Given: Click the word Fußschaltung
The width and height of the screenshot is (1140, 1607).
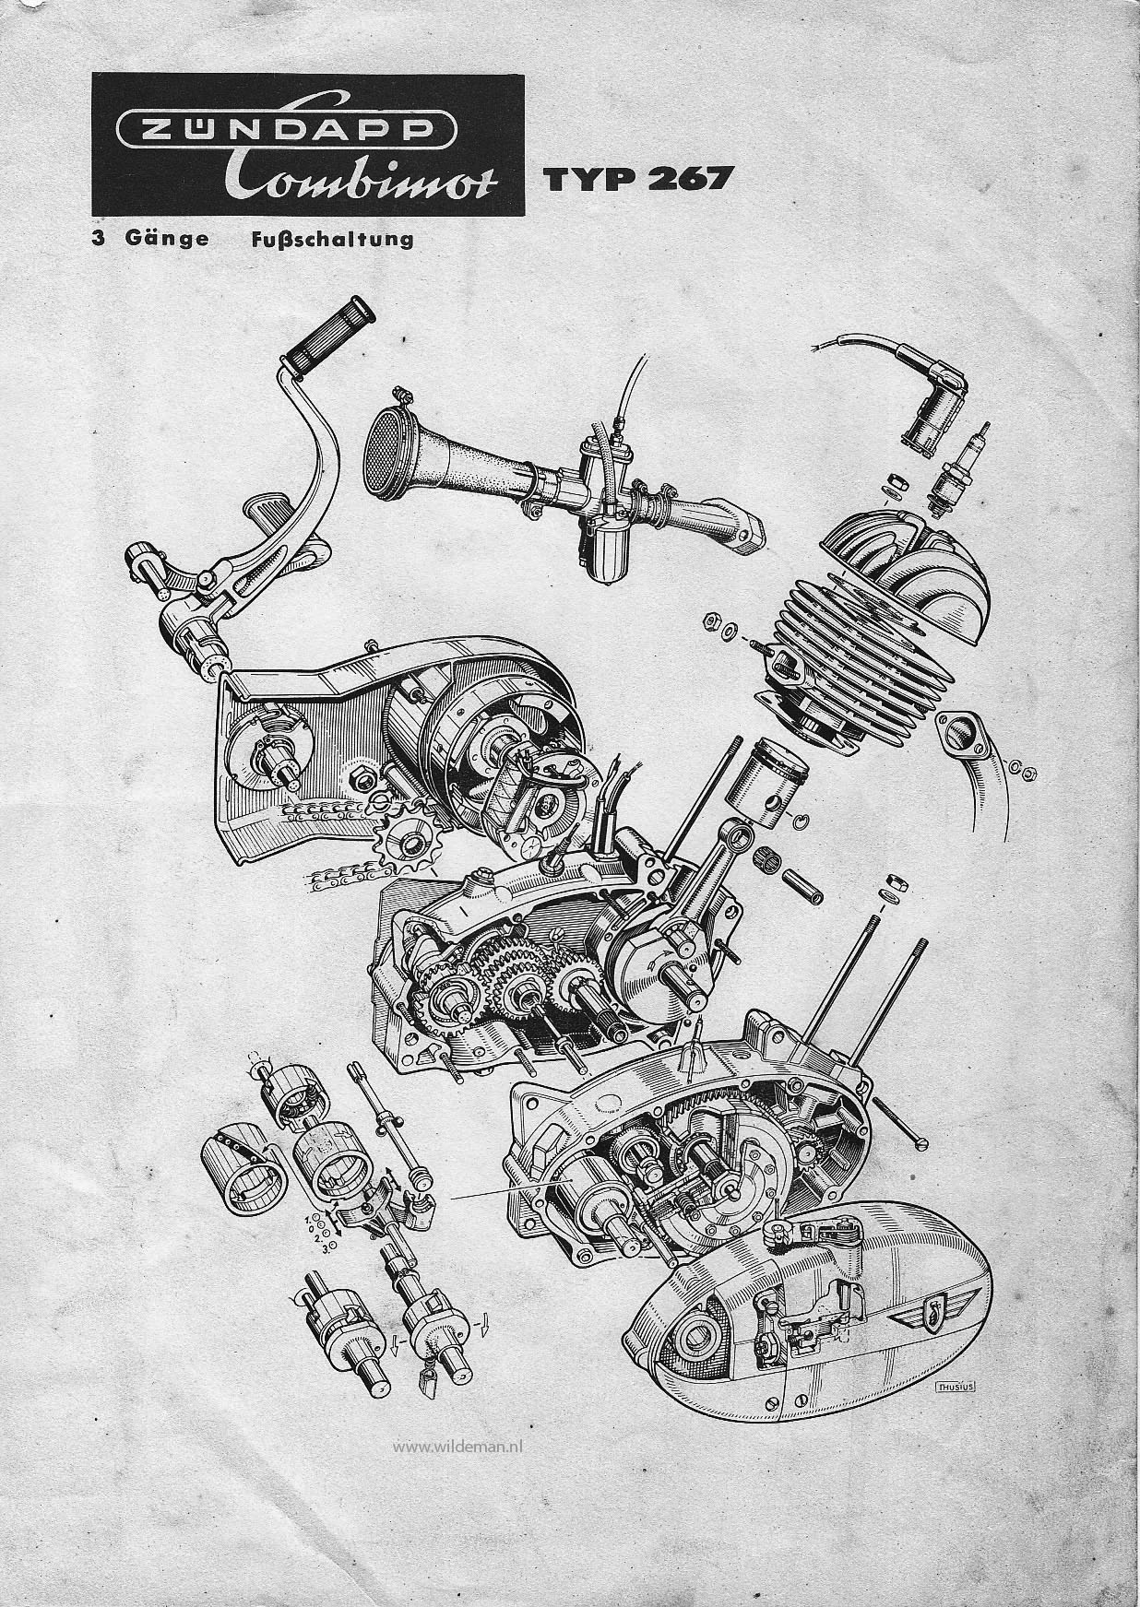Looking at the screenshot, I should pos(331,240).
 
